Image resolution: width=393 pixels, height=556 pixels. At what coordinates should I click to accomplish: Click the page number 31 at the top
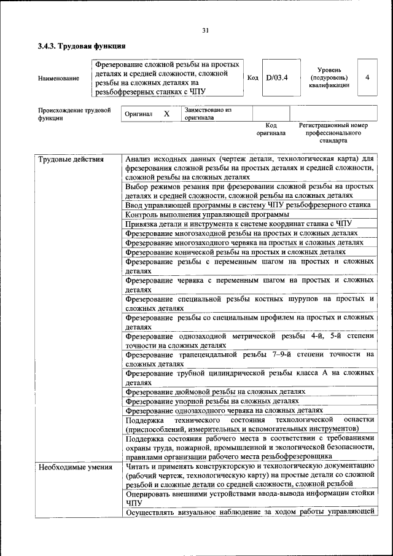[x=205, y=31]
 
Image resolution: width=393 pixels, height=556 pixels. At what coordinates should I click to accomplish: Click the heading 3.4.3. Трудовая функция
[x=82, y=46]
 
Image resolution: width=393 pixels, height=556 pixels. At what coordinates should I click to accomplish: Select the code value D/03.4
[x=277, y=77]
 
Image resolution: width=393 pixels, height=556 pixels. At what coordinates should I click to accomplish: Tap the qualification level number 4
[x=367, y=77]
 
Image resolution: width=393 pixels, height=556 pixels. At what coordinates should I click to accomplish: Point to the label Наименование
[x=58, y=78]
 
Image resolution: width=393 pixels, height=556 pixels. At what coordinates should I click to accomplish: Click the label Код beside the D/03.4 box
[x=252, y=77]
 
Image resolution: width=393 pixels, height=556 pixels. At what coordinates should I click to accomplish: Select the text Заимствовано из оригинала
[x=209, y=114]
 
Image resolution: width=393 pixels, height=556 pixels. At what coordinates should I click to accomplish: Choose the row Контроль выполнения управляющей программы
[x=207, y=214]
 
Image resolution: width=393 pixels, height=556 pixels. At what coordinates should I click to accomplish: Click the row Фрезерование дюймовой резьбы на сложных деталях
[x=215, y=391]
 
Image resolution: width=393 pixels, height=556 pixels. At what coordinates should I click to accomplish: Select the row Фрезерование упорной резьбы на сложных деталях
[x=212, y=401]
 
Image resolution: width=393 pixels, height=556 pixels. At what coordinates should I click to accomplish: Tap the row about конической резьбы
[x=235, y=251]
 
